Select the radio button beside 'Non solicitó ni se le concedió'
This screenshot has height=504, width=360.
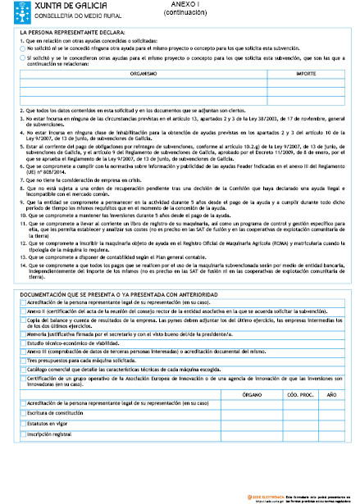[21, 48]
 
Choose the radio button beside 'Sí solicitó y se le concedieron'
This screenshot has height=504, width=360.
[21, 59]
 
